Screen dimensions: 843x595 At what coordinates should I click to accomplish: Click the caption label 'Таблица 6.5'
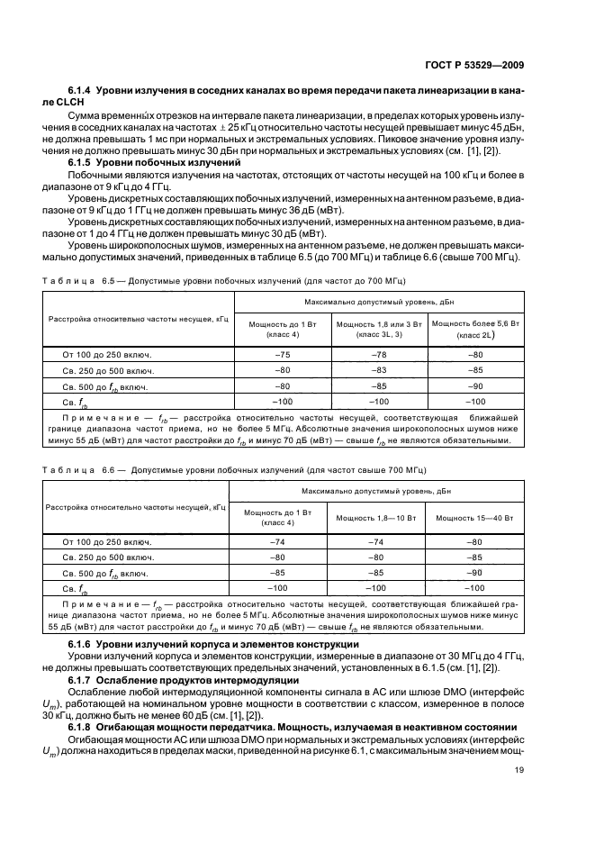[x=82, y=279]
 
